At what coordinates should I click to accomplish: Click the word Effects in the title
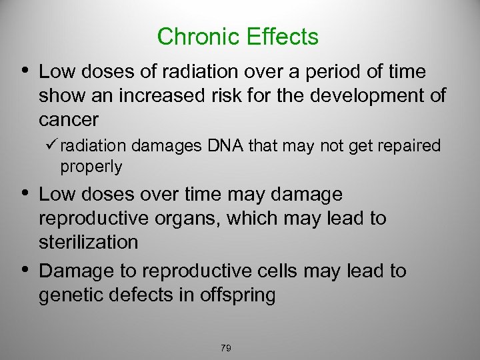coord(283,37)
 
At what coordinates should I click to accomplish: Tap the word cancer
coord(69,120)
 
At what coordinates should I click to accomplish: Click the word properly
coord(91,167)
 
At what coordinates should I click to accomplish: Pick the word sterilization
coord(89,242)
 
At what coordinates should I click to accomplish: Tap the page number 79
coord(225,348)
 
